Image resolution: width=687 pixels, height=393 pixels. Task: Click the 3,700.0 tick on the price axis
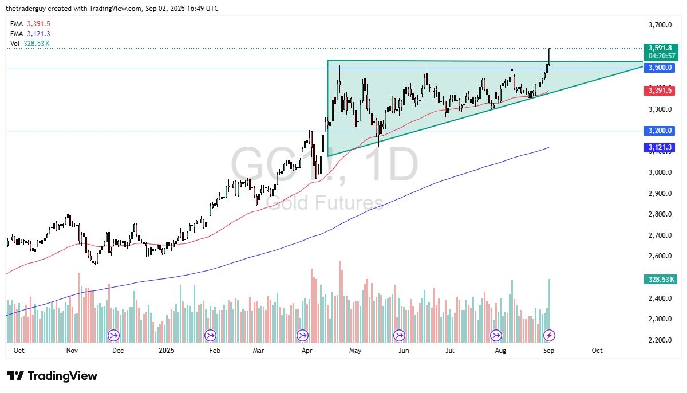point(660,25)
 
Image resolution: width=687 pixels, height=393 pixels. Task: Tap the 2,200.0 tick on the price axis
point(660,340)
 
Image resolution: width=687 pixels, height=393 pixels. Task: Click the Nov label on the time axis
point(71,350)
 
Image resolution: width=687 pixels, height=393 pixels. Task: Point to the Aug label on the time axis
point(498,350)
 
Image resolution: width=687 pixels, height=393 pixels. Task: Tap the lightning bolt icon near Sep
point(549,335)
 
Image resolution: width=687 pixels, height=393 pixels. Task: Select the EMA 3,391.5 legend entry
point(30,24)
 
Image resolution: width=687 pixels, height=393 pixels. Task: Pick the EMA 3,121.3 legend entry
point(30,34)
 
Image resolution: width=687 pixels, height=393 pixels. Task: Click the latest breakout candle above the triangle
point(549,56)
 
